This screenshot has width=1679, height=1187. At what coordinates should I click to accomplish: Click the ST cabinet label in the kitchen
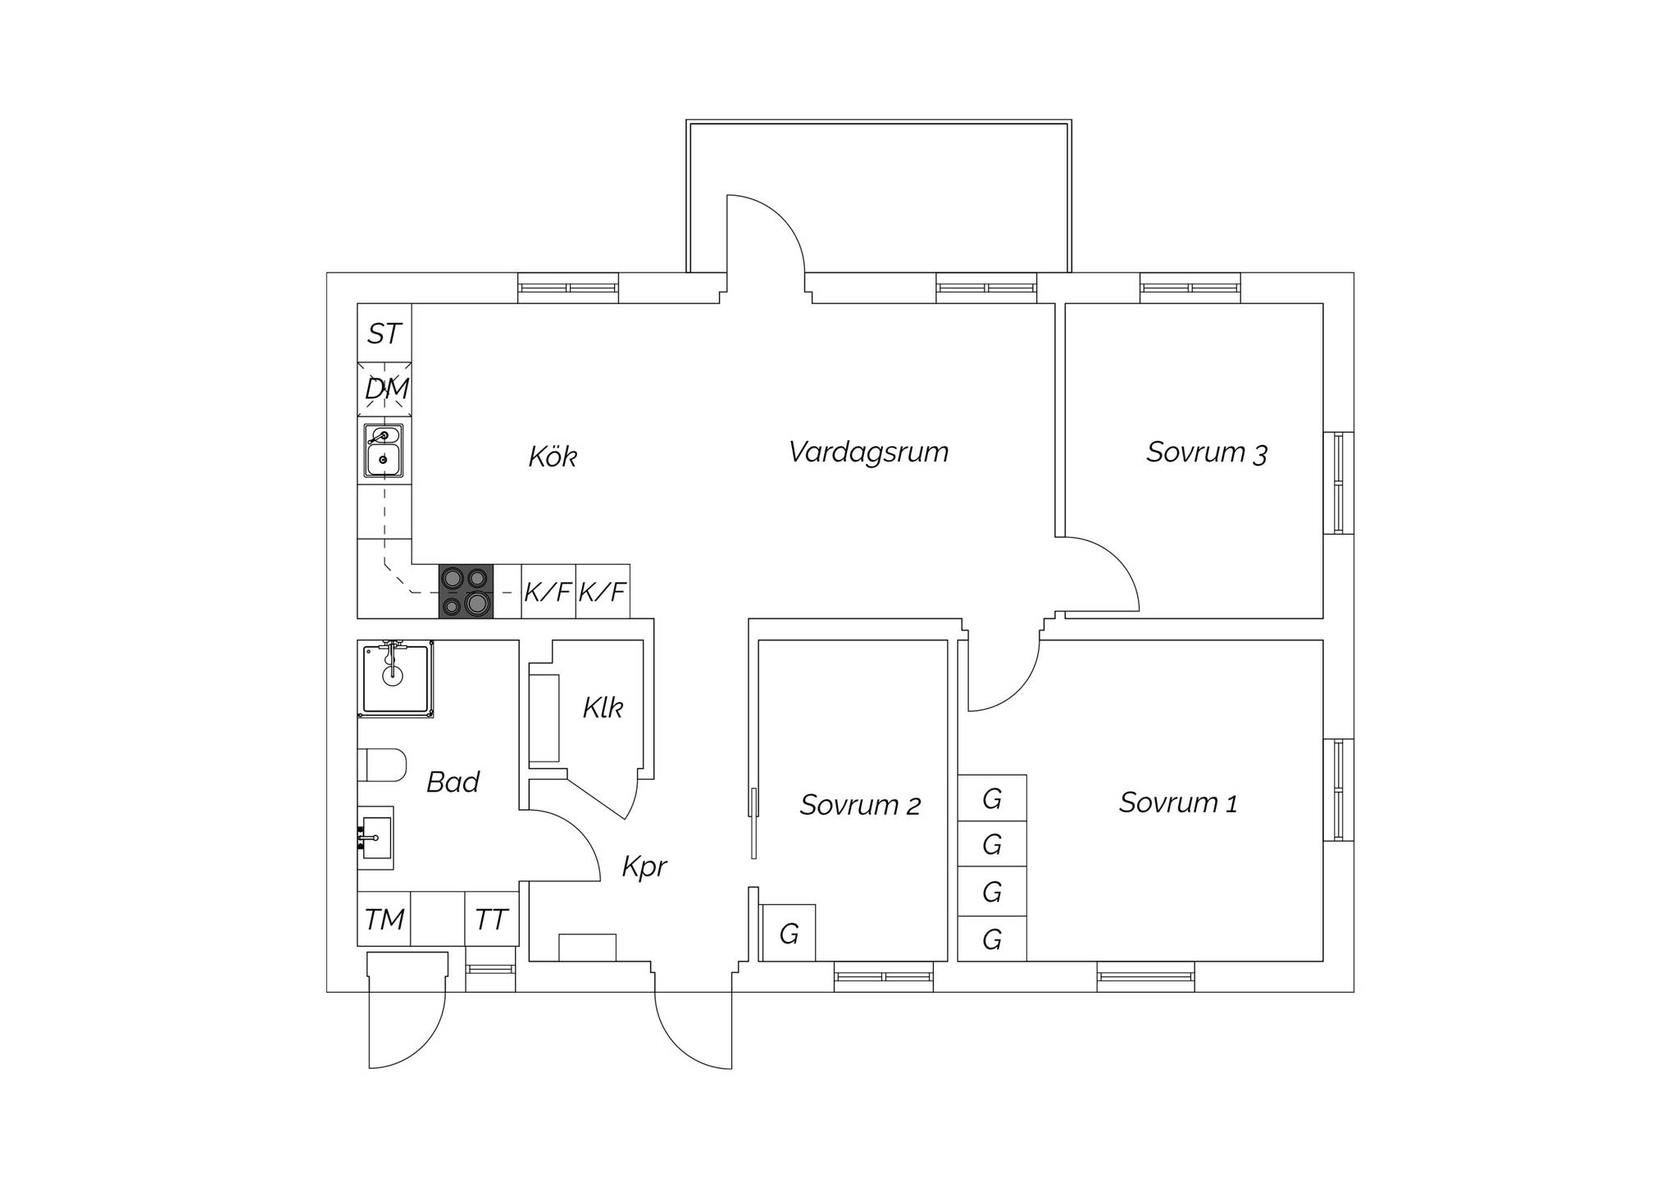pos(384,334)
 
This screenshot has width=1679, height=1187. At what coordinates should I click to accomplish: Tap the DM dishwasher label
pos(386,389)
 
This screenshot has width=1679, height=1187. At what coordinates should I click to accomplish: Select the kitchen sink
pos(384,450)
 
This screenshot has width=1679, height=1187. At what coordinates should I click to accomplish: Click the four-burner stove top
pos(466,591)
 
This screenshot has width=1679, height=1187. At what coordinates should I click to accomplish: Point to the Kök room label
pos(553,457)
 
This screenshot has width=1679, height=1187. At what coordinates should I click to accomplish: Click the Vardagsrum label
pos(868,452)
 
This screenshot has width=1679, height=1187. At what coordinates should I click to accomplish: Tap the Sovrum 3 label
pos(1207,453)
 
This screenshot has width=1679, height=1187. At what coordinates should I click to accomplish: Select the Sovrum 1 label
pos(1178,803)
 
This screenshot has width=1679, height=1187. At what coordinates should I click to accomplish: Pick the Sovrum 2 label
pos(860,805)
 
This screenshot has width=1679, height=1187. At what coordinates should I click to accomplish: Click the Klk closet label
pos(603,707)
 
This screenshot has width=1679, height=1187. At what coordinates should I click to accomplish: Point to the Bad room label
pos(453,782)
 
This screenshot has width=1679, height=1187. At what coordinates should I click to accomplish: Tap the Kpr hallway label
pos(644,867)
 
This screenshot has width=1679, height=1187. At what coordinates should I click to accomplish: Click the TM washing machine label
pos(384,920)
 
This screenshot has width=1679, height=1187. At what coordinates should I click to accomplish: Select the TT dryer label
pos(492,920)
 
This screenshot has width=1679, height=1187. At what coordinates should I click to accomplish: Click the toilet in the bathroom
pos(382,765)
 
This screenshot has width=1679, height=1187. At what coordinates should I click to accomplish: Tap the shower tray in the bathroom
pos(395,679)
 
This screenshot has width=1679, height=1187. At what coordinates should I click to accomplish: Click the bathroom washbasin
pos(375,838)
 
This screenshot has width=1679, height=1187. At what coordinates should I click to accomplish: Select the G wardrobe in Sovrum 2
pos(789,933)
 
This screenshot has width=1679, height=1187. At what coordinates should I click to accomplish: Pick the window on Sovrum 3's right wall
pos(1338,483)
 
